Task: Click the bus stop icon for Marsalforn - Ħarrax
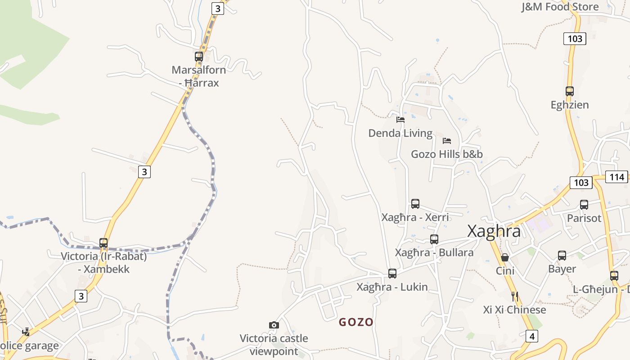[x=199, y=57]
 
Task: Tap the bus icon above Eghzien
[x=570, y=91]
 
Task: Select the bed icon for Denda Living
[x=400, y=120]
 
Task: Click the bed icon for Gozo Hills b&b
[x=447, y=141]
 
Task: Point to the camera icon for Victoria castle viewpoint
[x=274, y=325]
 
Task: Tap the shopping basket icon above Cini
[x=505, y=257]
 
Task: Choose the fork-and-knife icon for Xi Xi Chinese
[x=515, y=297]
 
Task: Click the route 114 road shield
[x=617, y=177]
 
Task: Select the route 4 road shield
[x=531, y=336]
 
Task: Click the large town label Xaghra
[x=494, y=231]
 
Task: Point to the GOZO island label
[x=356, y=322]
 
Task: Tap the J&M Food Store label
[x=560, y=7]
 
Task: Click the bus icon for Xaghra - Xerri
[x=415, y=204]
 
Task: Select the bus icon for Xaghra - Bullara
[x=434, y=239]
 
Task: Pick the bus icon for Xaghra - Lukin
[x=392, y=274]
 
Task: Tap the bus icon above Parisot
[x=584, y=205]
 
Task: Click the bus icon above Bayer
[x=562, y=256]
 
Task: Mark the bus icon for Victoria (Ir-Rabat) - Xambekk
[x=103, y=243]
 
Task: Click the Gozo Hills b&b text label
[x=447, y=154]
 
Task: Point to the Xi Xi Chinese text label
[x=514, y=310]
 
